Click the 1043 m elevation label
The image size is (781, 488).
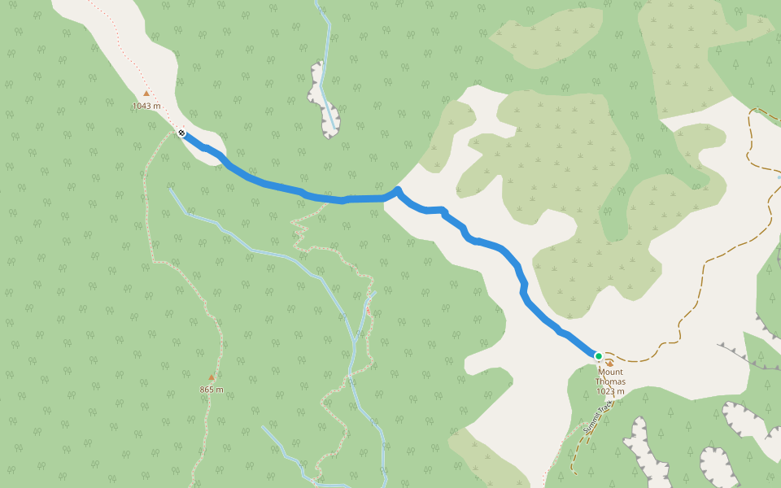coord(146,106)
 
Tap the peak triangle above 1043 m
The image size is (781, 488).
coord(146,94)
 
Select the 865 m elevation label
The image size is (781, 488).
coord(212,390)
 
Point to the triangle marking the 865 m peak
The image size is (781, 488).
coord(212,377)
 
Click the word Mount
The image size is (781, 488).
coord(610,373)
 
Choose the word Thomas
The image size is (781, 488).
coord(610,381)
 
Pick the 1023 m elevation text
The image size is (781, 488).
coord(610,391)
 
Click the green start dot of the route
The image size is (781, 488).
coord(599,355)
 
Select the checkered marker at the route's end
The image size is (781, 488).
coord(181,133)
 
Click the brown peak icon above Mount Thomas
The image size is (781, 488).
coord(610,364)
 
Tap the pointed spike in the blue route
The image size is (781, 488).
coord(398,190)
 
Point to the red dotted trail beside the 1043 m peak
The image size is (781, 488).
coord(122,49)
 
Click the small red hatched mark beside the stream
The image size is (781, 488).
coord(368,310)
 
